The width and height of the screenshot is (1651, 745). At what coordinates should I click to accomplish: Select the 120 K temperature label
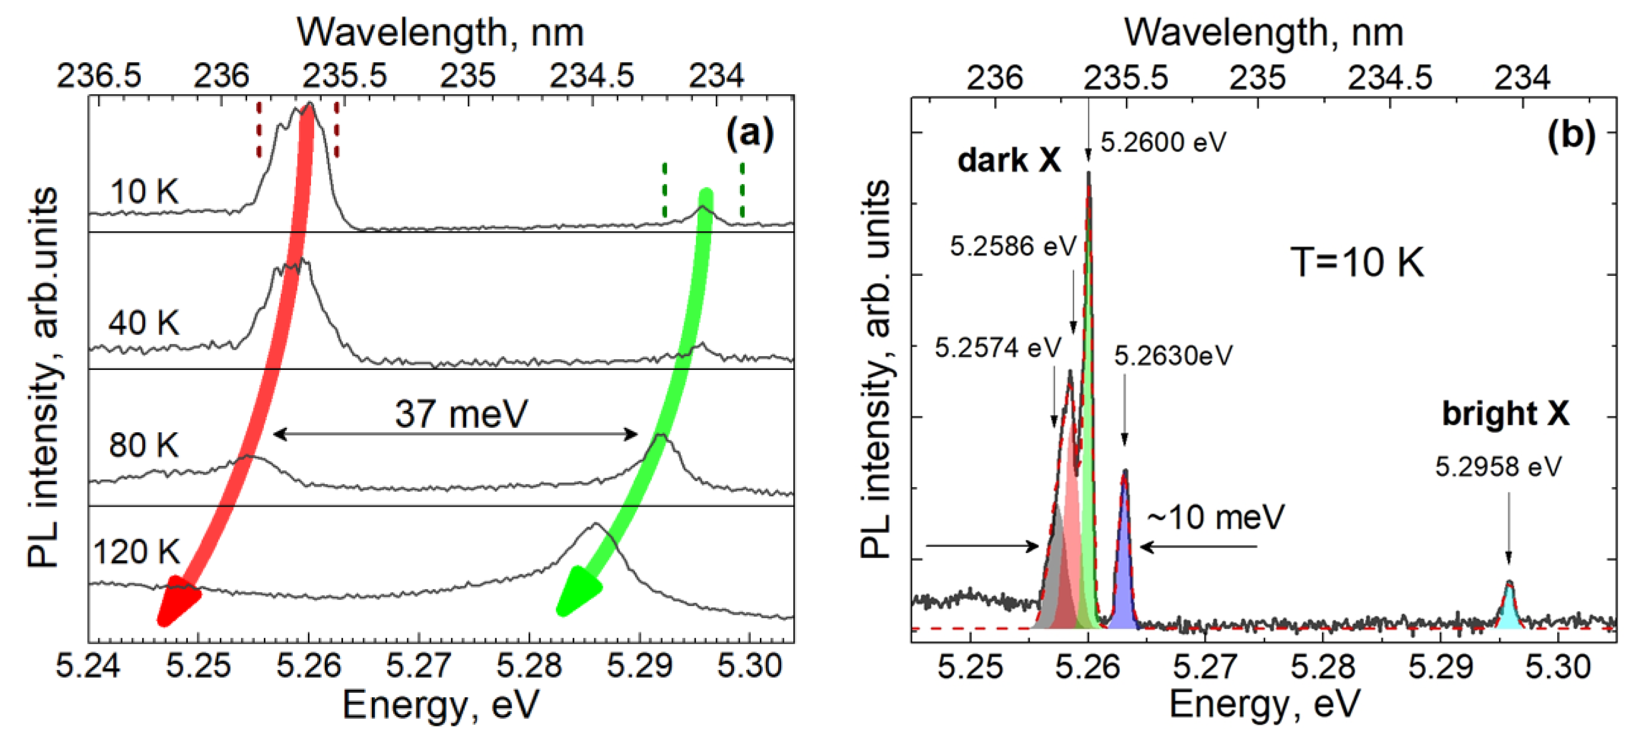click(136, 552)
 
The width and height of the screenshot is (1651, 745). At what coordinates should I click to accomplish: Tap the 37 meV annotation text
click(461, 414)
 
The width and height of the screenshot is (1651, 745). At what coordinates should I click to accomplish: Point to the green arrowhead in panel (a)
click(577, 591)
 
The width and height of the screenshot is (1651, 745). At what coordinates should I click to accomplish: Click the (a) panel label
click(749, 135)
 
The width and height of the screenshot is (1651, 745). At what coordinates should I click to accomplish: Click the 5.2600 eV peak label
click(1163, 142)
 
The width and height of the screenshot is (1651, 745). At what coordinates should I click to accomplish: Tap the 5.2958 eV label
click(1498, 467)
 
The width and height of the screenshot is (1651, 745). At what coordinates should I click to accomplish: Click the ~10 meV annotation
click(1215, 517)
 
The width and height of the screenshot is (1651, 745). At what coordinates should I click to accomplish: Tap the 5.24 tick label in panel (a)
click(87, 665)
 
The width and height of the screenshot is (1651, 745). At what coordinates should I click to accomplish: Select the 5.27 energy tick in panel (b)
click(1205, 667)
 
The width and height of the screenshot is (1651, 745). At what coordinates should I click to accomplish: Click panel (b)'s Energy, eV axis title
click(1263, 704)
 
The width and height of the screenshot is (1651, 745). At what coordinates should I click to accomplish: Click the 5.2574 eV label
click(997, 348)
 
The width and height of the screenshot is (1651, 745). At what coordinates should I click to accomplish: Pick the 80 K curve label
click(143, 445)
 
